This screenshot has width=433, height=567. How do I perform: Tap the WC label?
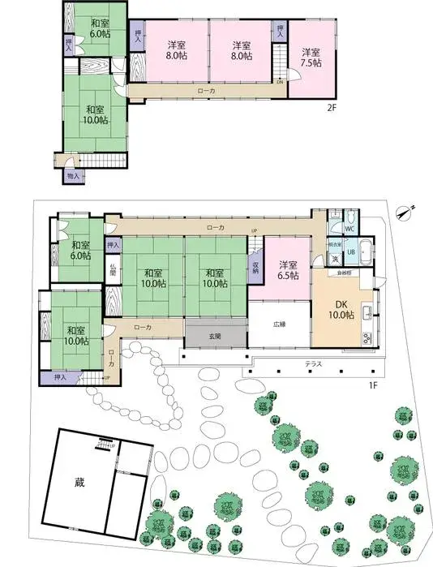pyautogui.click(x=350, y=230)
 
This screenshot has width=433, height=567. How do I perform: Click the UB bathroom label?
pyautogui.click(x=351, y=251)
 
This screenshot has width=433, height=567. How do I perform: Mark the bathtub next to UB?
pyautogui.click(x=366, y=252)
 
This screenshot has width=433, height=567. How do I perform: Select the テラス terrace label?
pyautogui.click(x=313, y=364)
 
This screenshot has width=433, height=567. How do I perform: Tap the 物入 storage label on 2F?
pyautogui.click(x=73, y=174)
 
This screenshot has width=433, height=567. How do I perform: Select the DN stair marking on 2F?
pyautogui.click(x=280, y=81)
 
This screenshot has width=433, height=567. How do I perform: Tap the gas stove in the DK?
pyautogui.click(x=367, y=336)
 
